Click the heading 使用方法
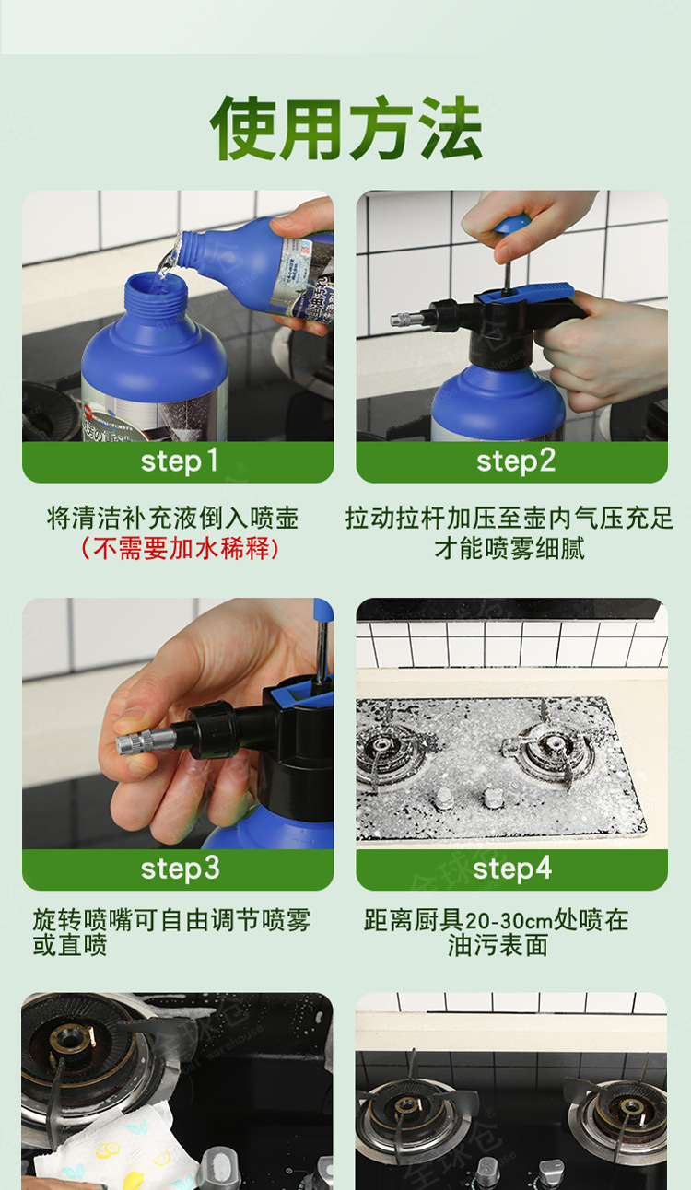coord(346,128)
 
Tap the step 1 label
coord(179,461)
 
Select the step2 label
coord(516,461)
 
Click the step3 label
coord(180,868)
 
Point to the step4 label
coord(512,868)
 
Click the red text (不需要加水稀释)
coord(179,548)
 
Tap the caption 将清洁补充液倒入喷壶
coord(173,518)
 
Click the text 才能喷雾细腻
coord(509,548)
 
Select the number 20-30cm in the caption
coord(509,921)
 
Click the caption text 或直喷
coord(70,945)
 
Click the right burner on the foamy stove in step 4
coord(551,747)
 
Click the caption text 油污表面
coord(498,945)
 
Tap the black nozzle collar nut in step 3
coord(212,730)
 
